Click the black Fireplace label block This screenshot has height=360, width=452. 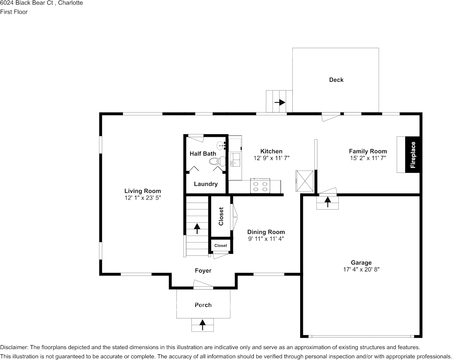413,155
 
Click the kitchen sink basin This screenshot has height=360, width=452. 235,160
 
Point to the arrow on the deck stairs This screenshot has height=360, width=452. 280,102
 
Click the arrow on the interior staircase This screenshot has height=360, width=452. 197,228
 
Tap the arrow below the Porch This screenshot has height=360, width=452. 203,325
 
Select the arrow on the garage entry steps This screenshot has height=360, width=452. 328,202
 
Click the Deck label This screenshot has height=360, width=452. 336,80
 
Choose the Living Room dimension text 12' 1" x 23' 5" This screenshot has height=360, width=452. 142,198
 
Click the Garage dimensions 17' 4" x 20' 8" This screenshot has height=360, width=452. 361,270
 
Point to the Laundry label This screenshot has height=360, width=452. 205,184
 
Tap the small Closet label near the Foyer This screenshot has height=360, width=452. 221,246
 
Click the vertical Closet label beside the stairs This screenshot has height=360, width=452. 221,216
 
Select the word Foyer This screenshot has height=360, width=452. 203,271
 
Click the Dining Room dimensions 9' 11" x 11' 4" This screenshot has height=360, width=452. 266,239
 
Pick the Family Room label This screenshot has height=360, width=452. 368,151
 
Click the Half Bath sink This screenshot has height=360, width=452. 222,146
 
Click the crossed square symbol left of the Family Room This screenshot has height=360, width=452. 305,181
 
